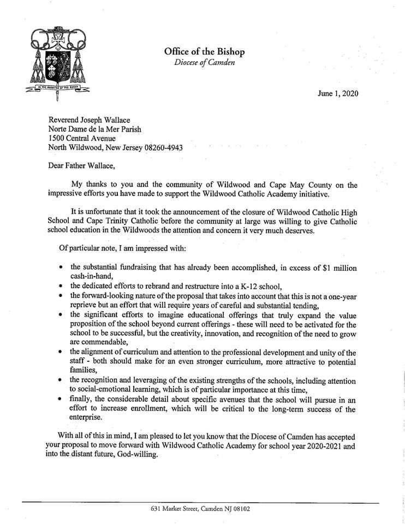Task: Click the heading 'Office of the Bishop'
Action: tap(204, 52)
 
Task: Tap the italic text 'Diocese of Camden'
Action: tap(204, 62)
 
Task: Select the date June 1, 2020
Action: tap(338, 93)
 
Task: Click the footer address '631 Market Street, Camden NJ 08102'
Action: tap(202, 509)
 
